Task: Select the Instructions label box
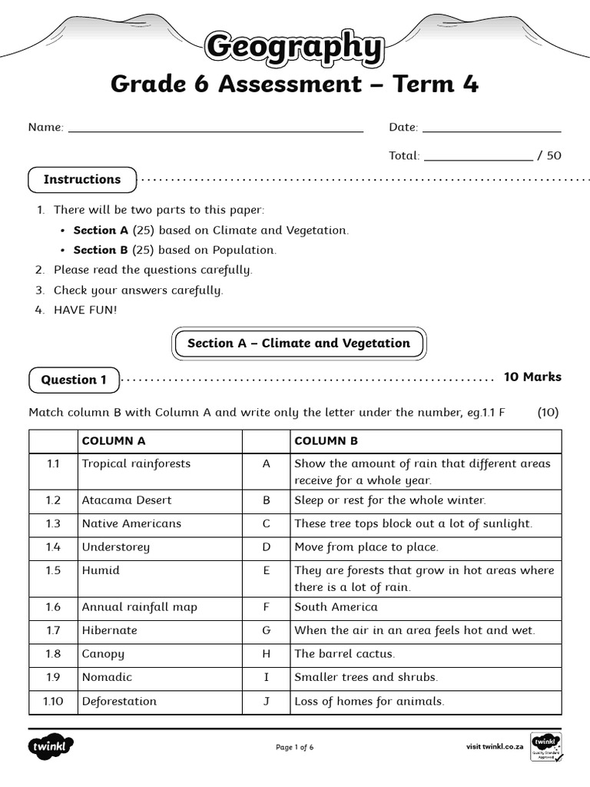tap(82, 180)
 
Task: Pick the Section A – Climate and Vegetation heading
tap(298, 344)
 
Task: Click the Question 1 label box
tap(74, 380)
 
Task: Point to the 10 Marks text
tap(532, 377)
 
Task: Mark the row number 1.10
tap(53, 701)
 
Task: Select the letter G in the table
tap(267, 630)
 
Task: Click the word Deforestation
tap(119, 701)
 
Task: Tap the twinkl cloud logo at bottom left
tap(51, 747)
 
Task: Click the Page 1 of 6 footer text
tap(295, 747)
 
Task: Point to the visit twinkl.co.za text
tap(495, 746)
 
